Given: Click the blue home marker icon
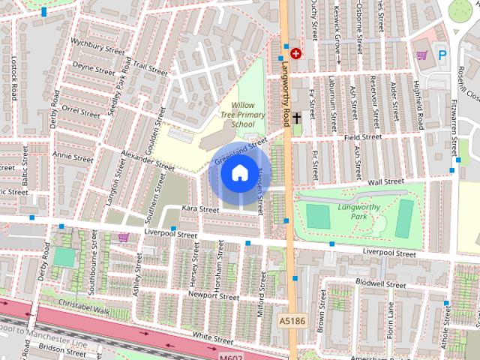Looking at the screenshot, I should point(238,173).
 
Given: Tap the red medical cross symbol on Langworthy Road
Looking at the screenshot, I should point(295,54).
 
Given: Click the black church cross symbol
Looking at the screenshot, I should point(296,118).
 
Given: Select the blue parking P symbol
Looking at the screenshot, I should point(442,55).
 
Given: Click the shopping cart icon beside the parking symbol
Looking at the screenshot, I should point(423,55).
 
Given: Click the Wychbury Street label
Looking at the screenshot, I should point(96,45).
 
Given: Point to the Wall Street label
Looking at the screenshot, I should point(385,181).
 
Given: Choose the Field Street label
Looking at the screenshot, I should point(363,138).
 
